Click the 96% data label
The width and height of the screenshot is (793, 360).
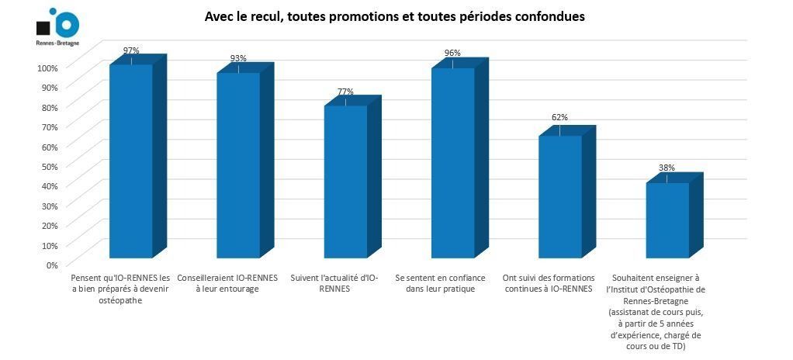click(452, 53)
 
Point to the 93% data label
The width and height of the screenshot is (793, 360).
click(238, 59)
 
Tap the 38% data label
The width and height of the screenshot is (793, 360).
click(667, 167)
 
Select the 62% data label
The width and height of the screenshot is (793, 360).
click(559, 117)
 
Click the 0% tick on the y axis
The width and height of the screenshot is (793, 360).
click(51, 265)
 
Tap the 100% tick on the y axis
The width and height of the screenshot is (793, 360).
click(47, 67)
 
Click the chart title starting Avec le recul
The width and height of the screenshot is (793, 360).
click(394, 16)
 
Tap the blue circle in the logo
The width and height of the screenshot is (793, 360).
click(65, 25)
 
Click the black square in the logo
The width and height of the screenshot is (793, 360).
click(44, 29)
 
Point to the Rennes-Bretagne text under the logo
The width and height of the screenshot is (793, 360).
click(57, 43)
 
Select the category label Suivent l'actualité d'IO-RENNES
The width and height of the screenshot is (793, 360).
click(334, 282)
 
